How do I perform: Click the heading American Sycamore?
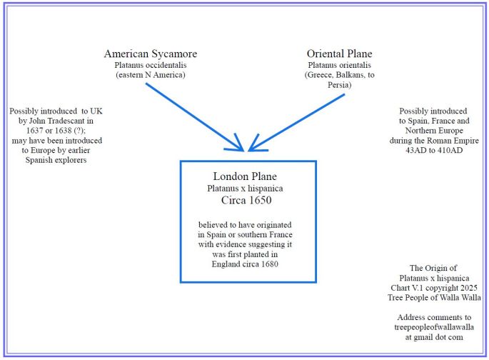(x=150, y=54)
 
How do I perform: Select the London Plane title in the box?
(x=245, y=176)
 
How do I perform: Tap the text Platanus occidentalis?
(x=150, y=65)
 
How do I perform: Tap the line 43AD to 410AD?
(x=433, y=151)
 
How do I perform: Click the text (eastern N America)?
(x=150, y=75)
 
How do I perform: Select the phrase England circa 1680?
(x=244, y=264)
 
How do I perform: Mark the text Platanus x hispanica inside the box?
(x=245, y=189)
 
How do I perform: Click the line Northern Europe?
(x=433, y=131)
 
